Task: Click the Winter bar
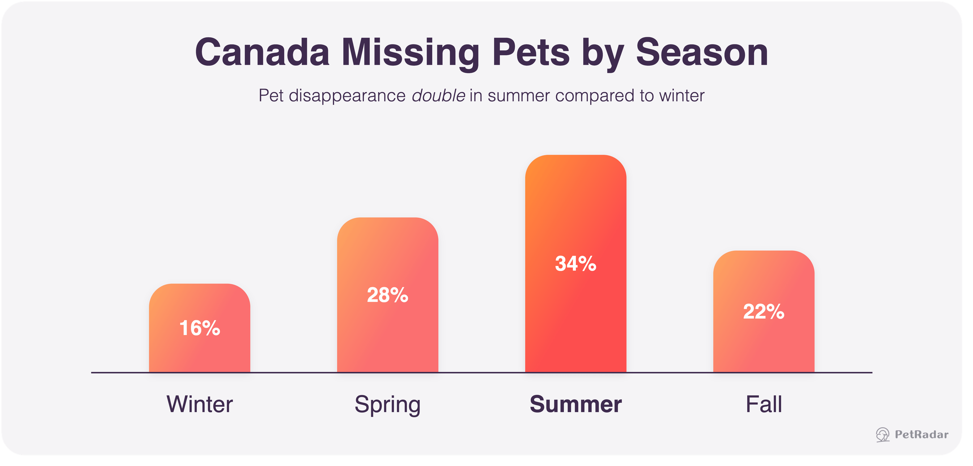click(x=199, y=328)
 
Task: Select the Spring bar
click(x=387, y=295)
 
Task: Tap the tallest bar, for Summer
click(x=575, y=264)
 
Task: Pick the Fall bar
click(x=764, y=312)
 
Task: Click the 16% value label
click(x=199, y=328)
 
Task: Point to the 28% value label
click(x=387, y=295)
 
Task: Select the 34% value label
click(x=575, y=263)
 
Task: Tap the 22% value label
click(x=764, y=312)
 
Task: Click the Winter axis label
click(x=200, y=404)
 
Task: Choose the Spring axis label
click(x=387, y=405)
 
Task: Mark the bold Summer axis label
click(x=575, y=404)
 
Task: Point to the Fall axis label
click(x=764, y=404)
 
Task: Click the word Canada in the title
click(x=262, y=52)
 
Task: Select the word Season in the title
click(x=702, y=52)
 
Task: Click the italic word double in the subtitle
click(x=438, y=95)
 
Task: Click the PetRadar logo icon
click(x=883, y=435)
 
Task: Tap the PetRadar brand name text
click(x=922, y=435)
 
